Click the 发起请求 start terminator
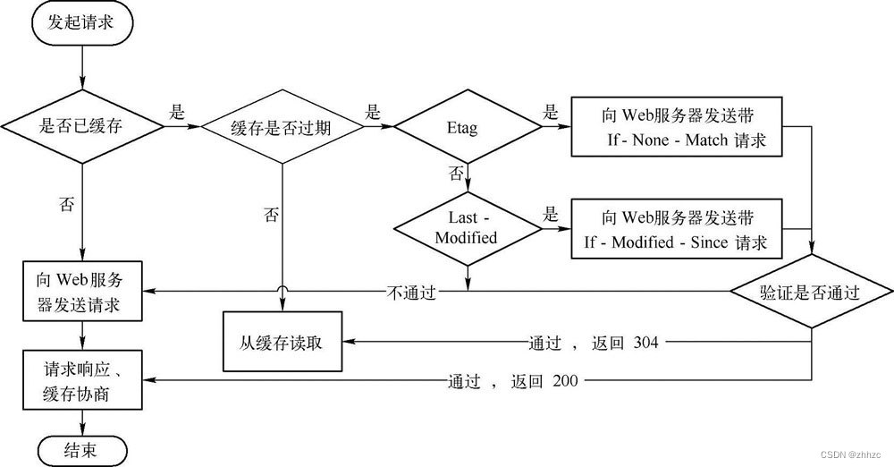coord(82,25)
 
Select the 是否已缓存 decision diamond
coord(82,128)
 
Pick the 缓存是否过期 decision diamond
coord(283,128)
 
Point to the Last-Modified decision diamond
coord(466,228)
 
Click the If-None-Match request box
coord(676,128)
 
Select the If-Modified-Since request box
coord(676,229)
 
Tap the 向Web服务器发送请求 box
coord(82,293)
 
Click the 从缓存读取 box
coord(283,343)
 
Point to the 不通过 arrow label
coord(412,293)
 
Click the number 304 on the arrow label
coord(645,343)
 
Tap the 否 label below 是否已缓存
coord(66,204)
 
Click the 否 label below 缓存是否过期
coord(271,214)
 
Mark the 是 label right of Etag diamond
coord(551,114)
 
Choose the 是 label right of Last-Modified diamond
coord(551,215)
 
